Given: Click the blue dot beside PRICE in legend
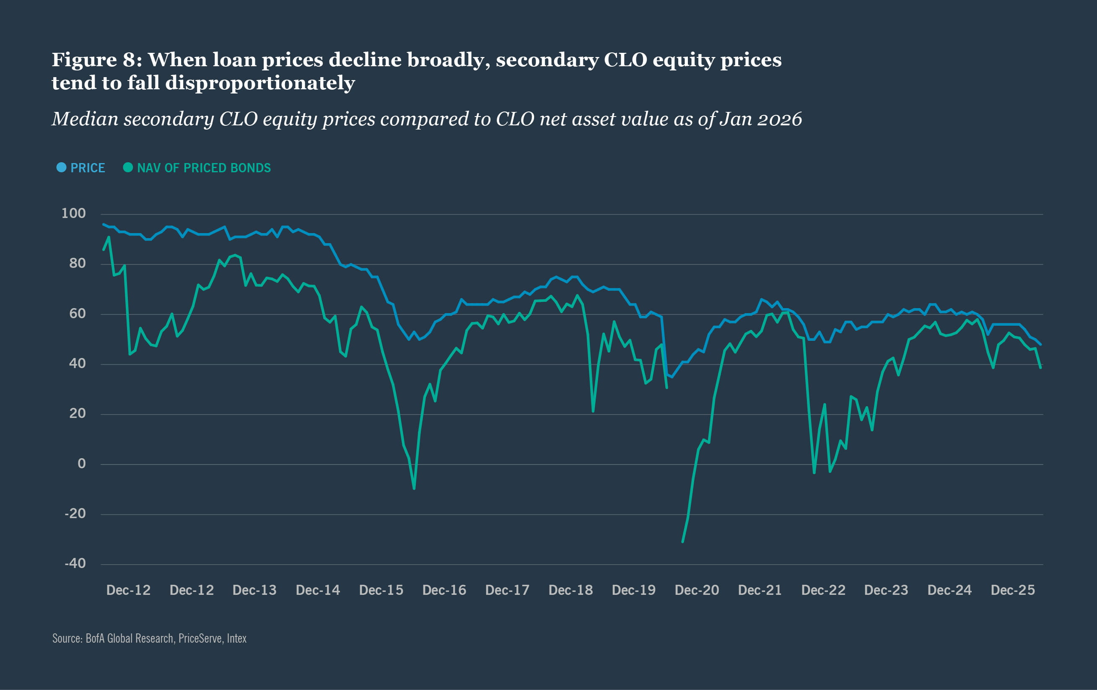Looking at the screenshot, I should tap(61, 168).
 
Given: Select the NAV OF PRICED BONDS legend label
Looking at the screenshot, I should tap(204, 168).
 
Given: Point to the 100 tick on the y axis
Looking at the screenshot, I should tap(73, 213).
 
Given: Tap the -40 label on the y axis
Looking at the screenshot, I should tap(75, 563).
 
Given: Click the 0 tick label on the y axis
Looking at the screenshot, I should tap(82, 463).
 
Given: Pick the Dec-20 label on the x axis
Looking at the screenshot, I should tap(697, 590).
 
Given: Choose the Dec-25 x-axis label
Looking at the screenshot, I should tap(1013, 590).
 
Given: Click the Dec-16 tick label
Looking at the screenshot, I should tap(444, 590).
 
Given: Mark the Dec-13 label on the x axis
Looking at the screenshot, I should tap(254, 590).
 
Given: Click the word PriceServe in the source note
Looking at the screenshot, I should tap(200, 638).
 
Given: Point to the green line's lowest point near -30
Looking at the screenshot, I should tap(682, 542).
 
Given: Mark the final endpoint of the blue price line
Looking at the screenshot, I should tap(1040, 345).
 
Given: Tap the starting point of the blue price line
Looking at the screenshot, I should tap(104, 224).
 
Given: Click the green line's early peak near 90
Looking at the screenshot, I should tap(109, 237).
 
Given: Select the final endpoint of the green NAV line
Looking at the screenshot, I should tap(1040, 368).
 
